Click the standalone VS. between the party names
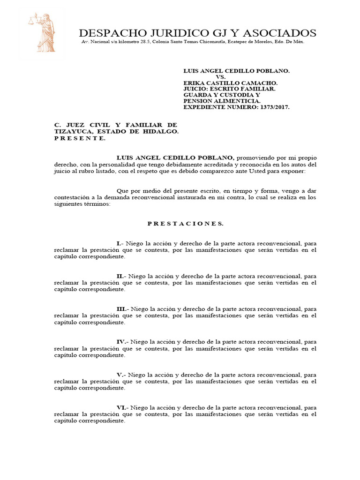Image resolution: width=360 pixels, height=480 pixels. (x=221, y=76)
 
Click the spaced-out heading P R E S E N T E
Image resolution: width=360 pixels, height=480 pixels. (x=80, y=138)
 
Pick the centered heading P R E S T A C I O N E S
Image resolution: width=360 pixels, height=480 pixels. (x=186, y=224)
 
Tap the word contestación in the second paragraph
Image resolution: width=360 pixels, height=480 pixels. (x=72, y=198)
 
